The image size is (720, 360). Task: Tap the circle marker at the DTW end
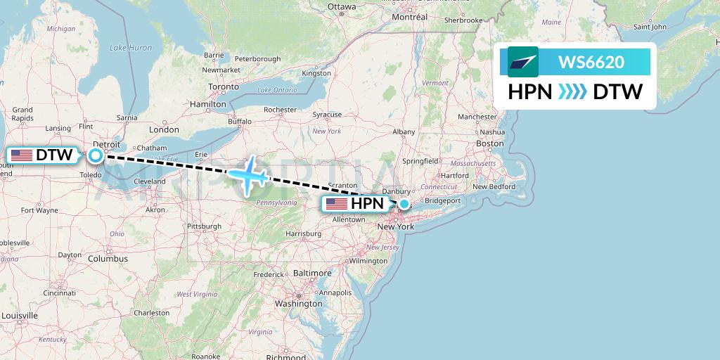[96, 155]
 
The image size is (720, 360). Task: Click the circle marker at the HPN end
[404, 204]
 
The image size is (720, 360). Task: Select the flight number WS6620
[591, 62]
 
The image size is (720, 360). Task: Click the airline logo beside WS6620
[522, 62]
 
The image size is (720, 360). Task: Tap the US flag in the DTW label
[21, 155]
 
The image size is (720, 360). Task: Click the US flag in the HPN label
[336, 204]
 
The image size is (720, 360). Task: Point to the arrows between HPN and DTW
[572, 92]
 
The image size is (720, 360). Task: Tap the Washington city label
[299, 304]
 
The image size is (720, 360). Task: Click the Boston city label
[489, 143]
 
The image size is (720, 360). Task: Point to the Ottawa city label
[342, 7]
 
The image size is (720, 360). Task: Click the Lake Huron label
[130, 48]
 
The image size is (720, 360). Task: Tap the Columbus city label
[108, 259]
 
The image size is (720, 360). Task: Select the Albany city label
[404, 131]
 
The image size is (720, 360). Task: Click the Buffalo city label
[239, 121]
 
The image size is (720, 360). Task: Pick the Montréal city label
[409, 16]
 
